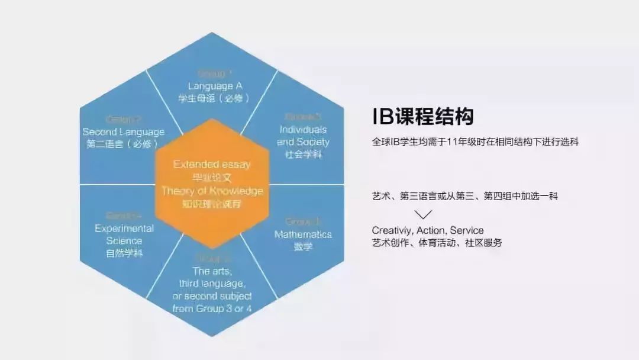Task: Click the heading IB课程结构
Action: pyautogui.click(x=422, y=117)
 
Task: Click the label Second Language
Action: pyautogui.click(x=124, y=131)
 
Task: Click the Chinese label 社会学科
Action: pyautogui.click(x=303, y=154)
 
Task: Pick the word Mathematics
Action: pyautogui.click(x=303, y=234)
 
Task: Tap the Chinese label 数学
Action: pyautogui.click(x=303, y=246)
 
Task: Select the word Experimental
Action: pyautogui.click(x=124, y=229)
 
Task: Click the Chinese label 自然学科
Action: pyautogui.click(x=124, y=253)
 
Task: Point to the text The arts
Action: pyautogui.click(x=211, y=271)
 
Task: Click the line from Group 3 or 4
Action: pyautogui.click(x=211, y=308)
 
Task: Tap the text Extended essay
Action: pyautogui.click(x=211, y=165)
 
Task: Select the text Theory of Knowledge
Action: pyautogui.click(x=211, y=191)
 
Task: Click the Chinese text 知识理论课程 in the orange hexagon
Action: pyautogui.click(x=211, y=204)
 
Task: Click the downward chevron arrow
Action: pyautogui.click(x=424, y=214)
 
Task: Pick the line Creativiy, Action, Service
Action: pyautogui.click(x=428, y=230)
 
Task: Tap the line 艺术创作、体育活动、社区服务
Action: pyautogui.click(x=437, y=243)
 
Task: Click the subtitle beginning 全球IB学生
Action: pyautogui.click(x=475, y=143)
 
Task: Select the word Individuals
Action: pyautogui.click(x=303, y=129)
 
